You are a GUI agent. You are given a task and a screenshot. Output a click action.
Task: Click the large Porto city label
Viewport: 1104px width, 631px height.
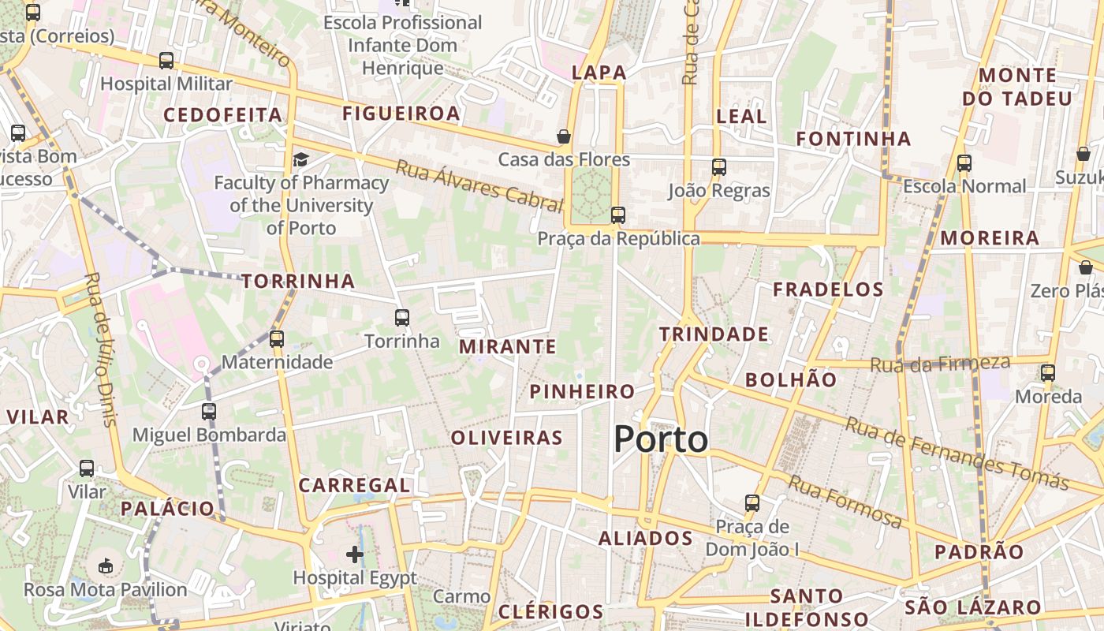point(661,439)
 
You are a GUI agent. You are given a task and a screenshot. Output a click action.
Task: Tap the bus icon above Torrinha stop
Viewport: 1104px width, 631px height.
point(402,318)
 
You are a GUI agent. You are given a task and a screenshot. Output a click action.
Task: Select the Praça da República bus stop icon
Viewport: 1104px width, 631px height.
point(618,215)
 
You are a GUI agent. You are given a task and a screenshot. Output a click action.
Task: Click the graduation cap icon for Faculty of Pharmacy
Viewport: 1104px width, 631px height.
point(300,160)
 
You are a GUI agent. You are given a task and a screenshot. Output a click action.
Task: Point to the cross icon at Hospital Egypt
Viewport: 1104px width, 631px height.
point(355,554)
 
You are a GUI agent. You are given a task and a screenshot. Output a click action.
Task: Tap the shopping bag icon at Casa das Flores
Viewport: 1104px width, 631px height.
point(564,136)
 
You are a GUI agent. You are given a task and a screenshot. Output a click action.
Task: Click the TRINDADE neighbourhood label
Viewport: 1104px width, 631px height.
point(714,334)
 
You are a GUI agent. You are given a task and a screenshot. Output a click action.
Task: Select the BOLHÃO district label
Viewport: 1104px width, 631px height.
point(791,379)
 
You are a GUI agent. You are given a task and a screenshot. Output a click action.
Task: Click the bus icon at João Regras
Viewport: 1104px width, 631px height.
point(718,166)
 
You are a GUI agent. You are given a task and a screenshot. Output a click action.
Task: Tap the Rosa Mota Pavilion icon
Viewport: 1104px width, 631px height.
point(106,566)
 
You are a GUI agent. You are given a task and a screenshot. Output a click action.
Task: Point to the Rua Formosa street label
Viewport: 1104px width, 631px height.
point(845,502)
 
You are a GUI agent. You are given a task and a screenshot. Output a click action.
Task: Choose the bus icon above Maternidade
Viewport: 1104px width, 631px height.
point(276,339)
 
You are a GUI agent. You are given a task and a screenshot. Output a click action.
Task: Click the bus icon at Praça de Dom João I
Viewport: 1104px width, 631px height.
point(752,502)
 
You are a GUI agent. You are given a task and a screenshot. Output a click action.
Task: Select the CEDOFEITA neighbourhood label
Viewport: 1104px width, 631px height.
point(222,115)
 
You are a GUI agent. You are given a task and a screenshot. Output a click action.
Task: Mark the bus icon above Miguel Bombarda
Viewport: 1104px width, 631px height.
point(208,411)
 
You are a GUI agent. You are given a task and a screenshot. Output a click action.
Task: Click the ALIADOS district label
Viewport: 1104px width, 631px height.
point(645,539)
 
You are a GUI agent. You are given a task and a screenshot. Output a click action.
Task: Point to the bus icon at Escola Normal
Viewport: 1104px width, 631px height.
point(964,163)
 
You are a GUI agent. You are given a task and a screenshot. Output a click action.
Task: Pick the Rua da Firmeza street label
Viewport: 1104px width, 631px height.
point(940,364)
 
